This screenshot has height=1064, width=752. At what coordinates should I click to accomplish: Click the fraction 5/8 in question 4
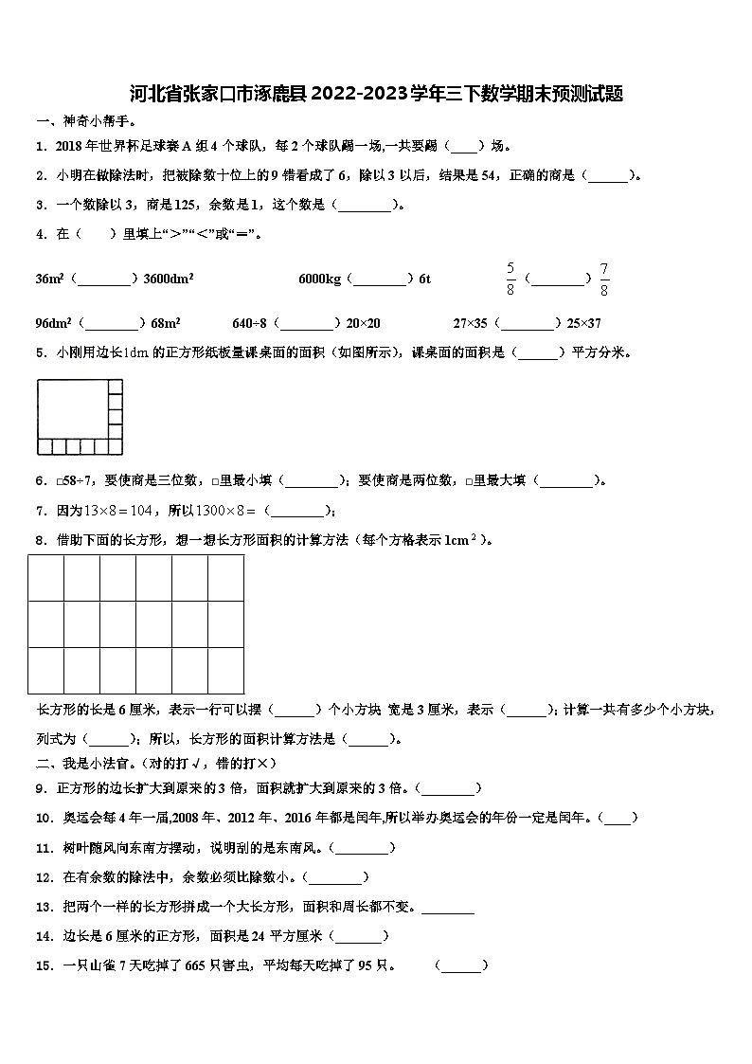(510, 278)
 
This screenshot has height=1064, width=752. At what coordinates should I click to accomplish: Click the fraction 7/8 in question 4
(604, 278)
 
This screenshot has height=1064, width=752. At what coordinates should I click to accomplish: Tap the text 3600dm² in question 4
(169, 279)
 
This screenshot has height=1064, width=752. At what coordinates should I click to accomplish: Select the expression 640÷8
(250, 322)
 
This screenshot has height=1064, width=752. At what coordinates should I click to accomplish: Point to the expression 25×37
(581, 322)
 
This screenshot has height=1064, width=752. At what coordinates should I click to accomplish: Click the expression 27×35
(473, 322)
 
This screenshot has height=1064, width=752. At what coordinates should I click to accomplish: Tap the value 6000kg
(319, 279)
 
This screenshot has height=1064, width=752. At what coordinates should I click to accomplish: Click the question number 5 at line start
(41, 352)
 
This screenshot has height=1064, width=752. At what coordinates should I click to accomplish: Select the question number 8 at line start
(41, 540)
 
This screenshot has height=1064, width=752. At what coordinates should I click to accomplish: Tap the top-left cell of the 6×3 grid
(45, 577)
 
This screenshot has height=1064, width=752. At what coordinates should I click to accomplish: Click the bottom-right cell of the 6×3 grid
(225, 670)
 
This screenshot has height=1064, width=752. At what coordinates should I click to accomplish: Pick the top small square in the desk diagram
(116, 386)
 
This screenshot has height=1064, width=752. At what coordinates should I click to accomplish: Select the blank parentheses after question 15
(461, 965)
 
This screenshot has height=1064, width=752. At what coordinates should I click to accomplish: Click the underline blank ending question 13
(447, 907)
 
